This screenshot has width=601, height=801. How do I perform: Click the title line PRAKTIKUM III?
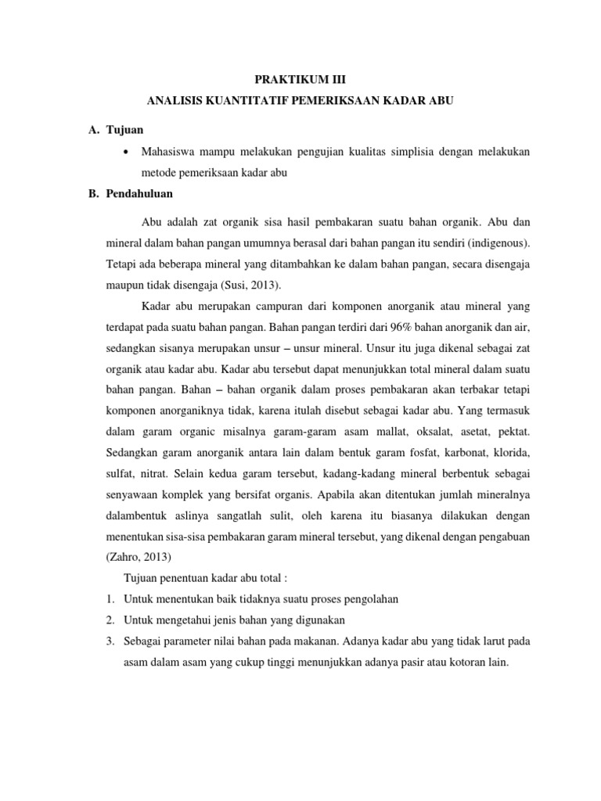(300, 80)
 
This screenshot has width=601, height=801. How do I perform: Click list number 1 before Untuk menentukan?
(110, 599)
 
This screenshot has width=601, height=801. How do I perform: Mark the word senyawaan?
(137, 495)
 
